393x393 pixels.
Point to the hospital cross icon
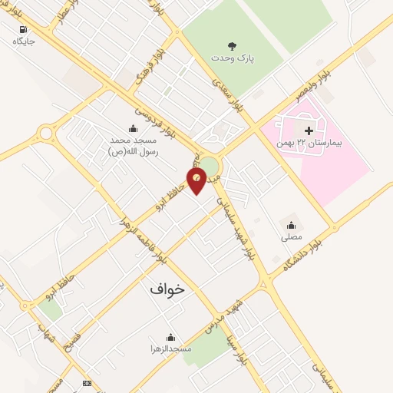point(309,131)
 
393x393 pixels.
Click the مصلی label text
point(291,238)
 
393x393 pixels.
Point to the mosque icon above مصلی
point(291,226)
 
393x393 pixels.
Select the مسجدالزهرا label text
point(170,349)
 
